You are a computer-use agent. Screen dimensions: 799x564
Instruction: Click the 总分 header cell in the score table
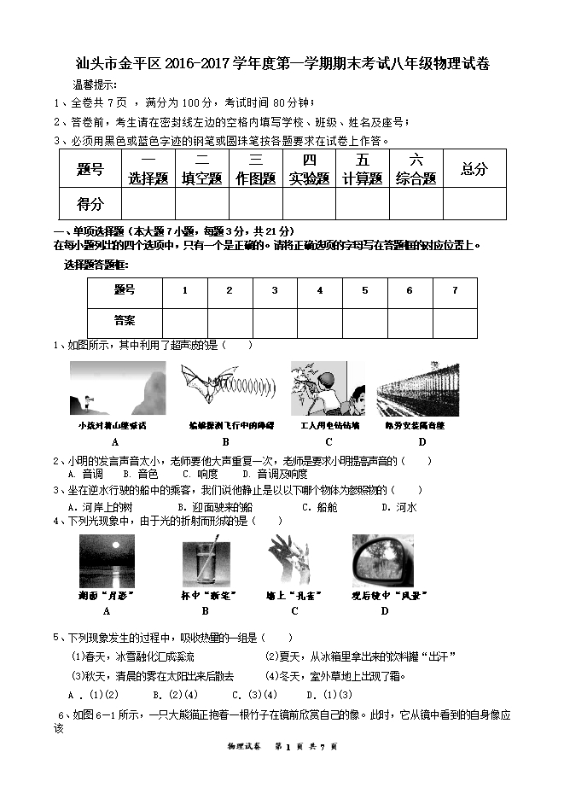click(474, 169)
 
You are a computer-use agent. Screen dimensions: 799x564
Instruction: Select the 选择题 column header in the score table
click(148, 169)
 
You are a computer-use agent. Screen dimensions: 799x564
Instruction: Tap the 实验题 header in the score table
click(309, 169)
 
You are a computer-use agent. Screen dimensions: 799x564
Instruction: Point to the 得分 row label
click(90, 204)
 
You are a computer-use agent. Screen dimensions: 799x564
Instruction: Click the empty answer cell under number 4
click(320, 322)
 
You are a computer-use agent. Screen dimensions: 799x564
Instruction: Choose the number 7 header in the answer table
click(455, 291)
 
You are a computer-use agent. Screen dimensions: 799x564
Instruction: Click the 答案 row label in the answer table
click(125, 322)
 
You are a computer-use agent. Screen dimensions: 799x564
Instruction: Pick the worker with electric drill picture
click(328, 389)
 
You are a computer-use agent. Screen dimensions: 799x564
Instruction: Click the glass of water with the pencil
click(206, 561)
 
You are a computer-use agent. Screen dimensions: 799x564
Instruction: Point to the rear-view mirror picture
click(382, 561)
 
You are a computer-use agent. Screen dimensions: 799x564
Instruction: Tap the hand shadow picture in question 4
click(293, 561)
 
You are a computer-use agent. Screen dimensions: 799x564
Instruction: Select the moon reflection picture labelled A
click(107, 561)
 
